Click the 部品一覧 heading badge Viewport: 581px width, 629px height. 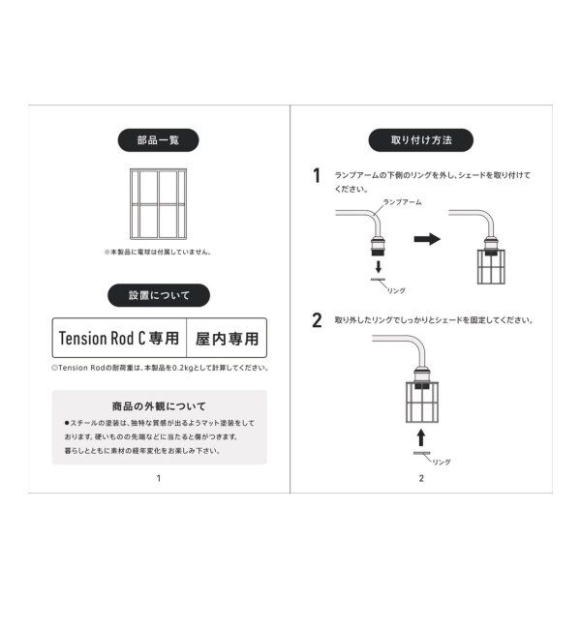(158, 139)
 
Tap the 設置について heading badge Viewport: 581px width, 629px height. (158, 295)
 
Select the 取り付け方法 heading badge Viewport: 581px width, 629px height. (421, 139)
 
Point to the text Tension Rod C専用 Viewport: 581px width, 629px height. (118, 339)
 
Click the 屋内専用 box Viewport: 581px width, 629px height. (227, 339)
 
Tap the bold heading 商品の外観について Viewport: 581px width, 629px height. (159, 406)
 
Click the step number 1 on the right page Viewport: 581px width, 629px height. (316, 176)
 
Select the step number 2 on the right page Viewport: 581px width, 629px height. (317, 321)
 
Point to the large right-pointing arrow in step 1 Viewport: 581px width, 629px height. (427, 238)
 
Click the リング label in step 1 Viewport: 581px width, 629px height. (396, 289)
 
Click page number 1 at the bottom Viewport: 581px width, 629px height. (158, 478)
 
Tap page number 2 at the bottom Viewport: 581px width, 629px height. (422, 478)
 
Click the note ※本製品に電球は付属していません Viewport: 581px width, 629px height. (158, 252)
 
